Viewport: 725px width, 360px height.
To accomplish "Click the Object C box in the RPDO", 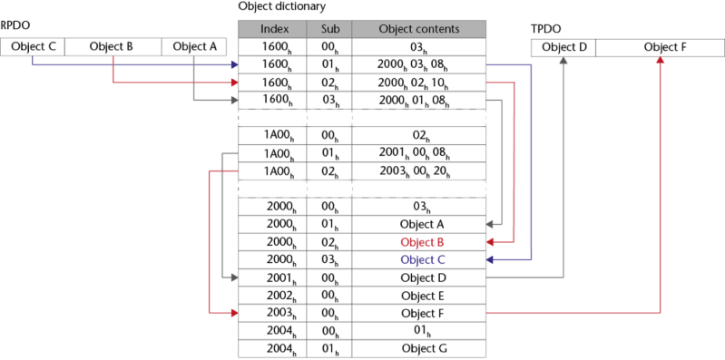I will click(x=33, y=46).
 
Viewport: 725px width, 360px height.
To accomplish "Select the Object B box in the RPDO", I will click(x=113, y=46).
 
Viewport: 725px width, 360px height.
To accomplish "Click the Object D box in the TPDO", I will click(x=563, y=46).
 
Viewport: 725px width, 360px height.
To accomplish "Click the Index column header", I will click(x=272, y=29).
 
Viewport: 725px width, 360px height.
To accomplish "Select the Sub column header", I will click(x=328, y=29).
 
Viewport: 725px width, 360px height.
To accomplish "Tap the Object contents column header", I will click(x=418, y=29).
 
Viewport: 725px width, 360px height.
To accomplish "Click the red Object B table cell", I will click(x=418, y=242).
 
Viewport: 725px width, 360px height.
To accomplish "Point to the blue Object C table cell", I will click(x=418, y=259).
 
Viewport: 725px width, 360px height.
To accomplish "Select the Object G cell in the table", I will click(x=418, y=347).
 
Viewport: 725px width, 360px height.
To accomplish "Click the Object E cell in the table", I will click(x=418, y=295).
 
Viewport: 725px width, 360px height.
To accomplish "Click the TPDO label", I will click(x=544, y=28).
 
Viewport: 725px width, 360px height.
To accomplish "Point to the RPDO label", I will click(x=14, y=28).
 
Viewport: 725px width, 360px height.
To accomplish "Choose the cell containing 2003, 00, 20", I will click(x=418, y=170).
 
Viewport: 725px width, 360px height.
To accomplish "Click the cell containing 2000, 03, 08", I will click(x=418, y=65).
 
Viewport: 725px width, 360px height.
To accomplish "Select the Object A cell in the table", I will click(x=418, y=224).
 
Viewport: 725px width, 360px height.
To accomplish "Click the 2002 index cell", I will click(x=272, y=295).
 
